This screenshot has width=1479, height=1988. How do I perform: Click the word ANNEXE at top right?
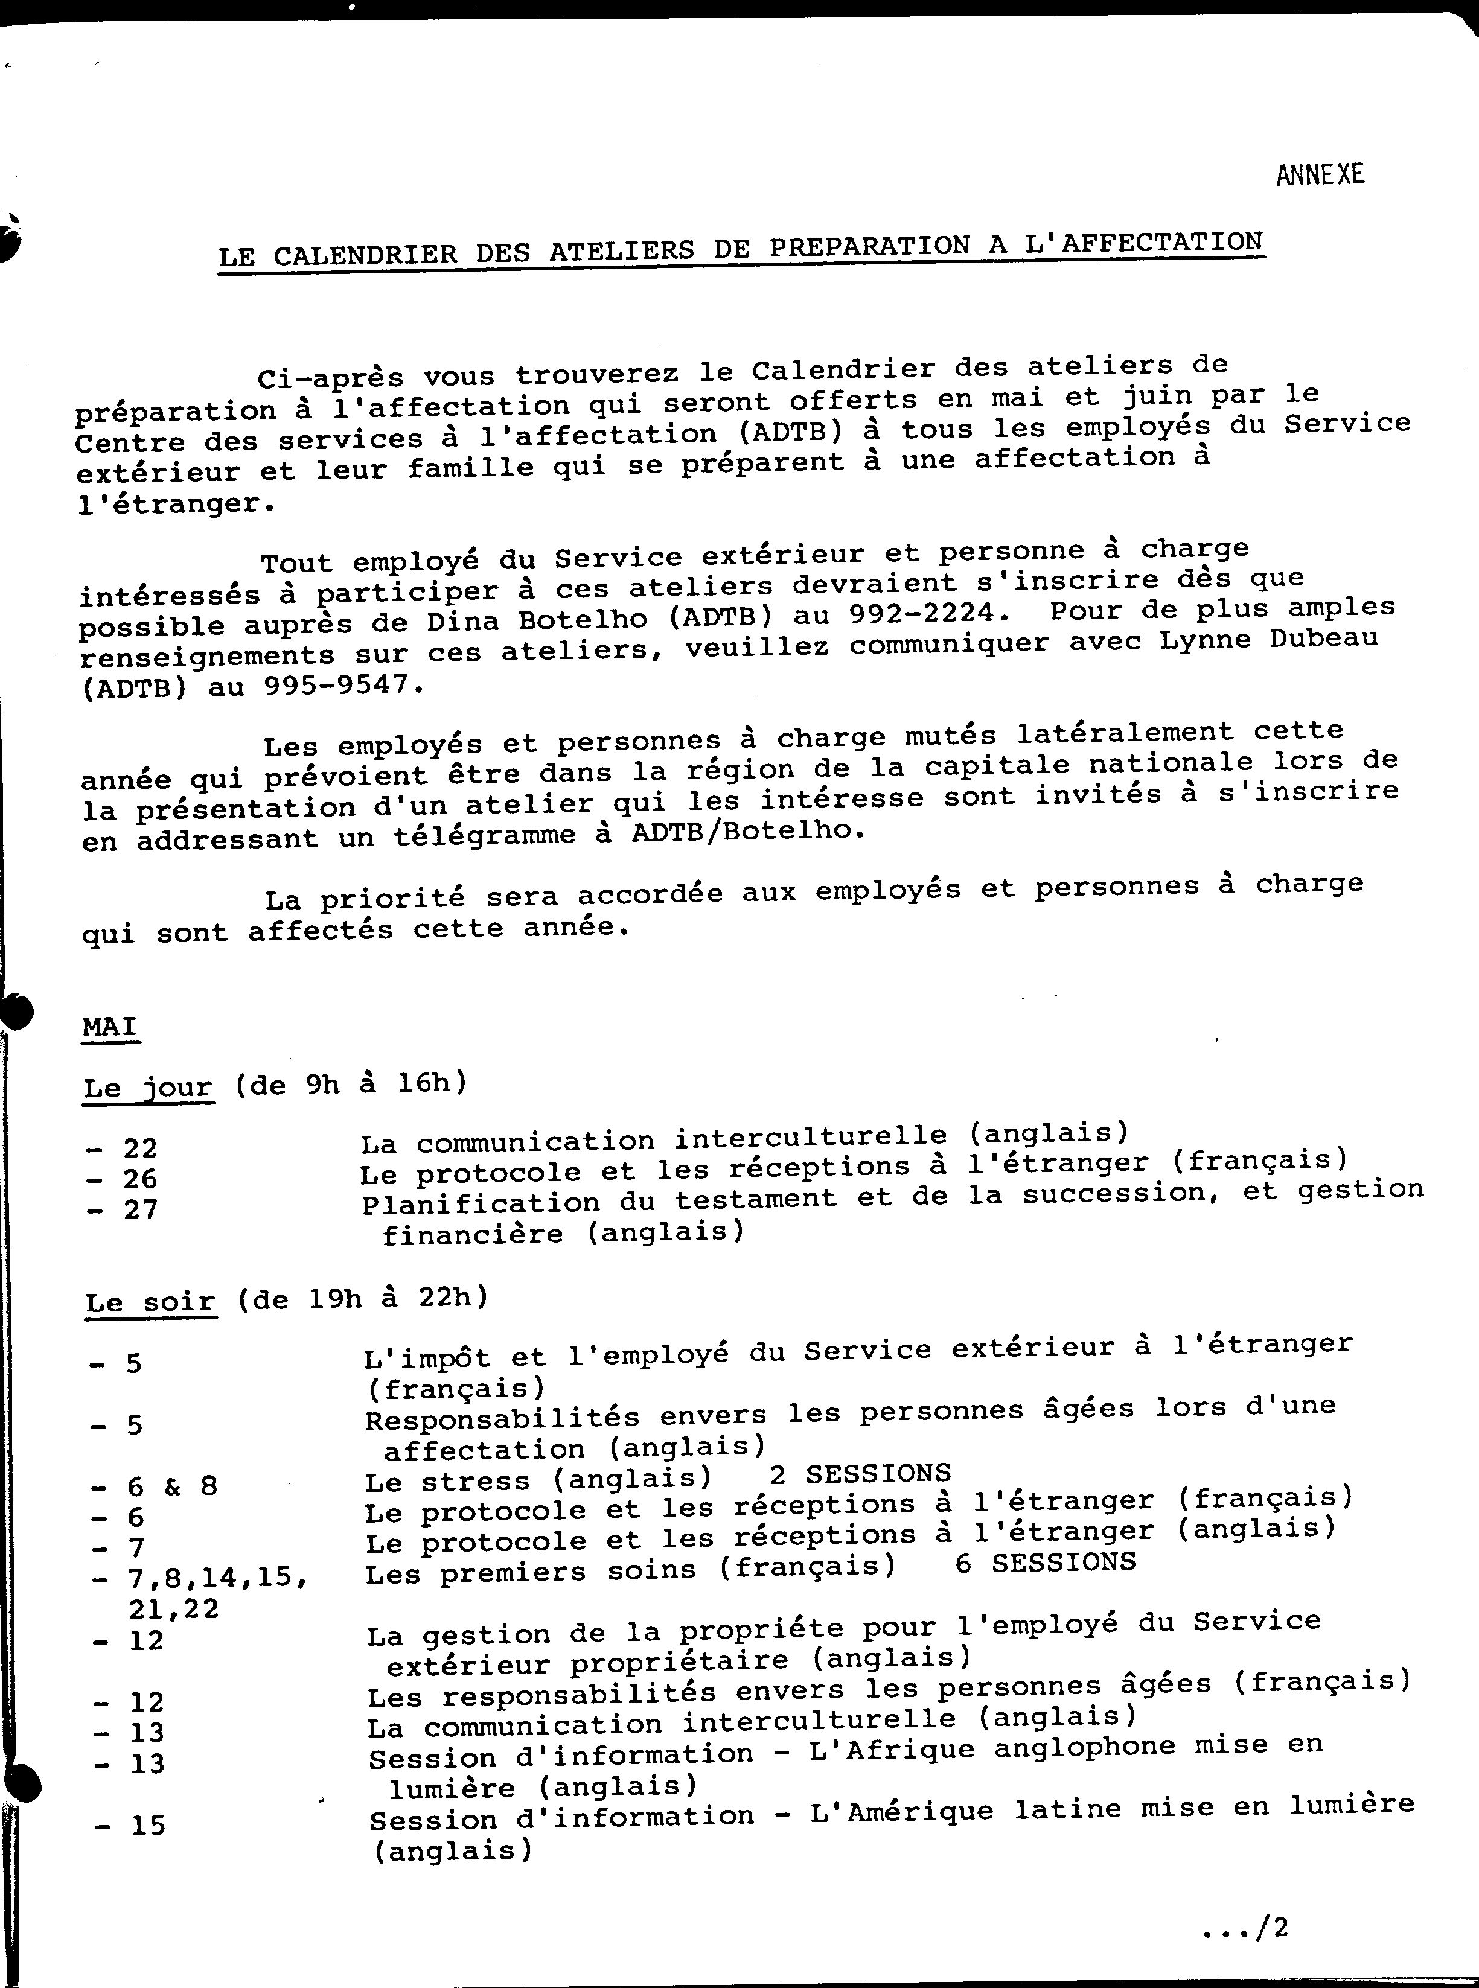coord(1320,174)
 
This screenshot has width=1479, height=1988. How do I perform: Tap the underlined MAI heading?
coord(109,1026)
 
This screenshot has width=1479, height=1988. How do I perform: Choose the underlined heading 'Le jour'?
coord(148,1088)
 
